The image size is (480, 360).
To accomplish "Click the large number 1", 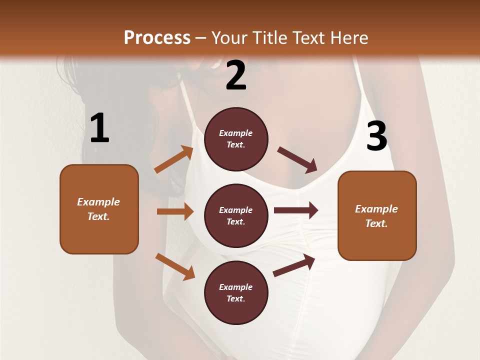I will click(x=99, y=128).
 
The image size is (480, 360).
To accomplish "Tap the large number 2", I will click(x=236, y=75).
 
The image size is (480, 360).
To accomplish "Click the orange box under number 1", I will click(x=99, y=209).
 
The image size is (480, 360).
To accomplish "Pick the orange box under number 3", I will click(x=377, y=215).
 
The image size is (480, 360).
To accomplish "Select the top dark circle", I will click(x=236, y=139).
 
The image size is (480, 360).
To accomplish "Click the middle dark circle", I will click(x=236, y=215).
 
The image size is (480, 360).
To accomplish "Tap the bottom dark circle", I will click(x=236, y=292).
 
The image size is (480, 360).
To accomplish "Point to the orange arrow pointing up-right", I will click(x=174, y=159).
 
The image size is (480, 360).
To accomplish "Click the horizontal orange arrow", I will click(x=175, y=211).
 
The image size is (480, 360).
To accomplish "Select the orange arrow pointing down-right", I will click(x=175, y=266).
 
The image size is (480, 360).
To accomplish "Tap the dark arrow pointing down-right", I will click(x=297, y=159).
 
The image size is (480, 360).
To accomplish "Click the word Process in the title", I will click(x=157, y=37).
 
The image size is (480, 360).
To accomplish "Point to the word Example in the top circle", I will click(x=236, y=133).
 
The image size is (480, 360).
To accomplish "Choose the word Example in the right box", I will click(x=376, y=209).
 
